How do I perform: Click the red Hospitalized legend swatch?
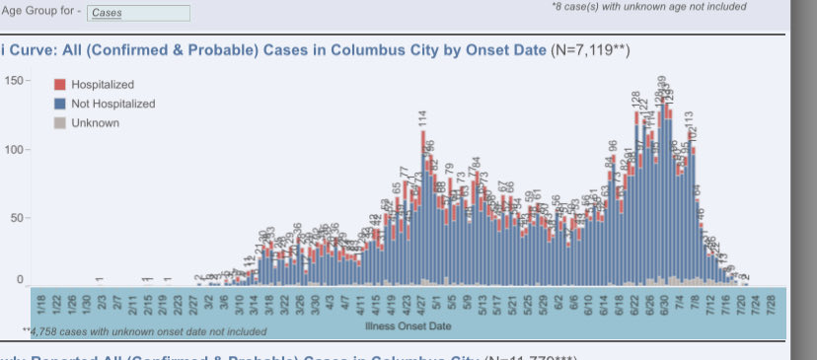pos(59,85)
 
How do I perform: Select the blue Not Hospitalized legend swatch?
pos(59,104)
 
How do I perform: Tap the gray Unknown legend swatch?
pos(59,122)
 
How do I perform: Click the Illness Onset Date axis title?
pos(408,324)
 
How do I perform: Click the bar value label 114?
pos(422,119)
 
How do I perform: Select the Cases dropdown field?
pos(138,13)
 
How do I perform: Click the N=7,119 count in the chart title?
pos(590,50)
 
